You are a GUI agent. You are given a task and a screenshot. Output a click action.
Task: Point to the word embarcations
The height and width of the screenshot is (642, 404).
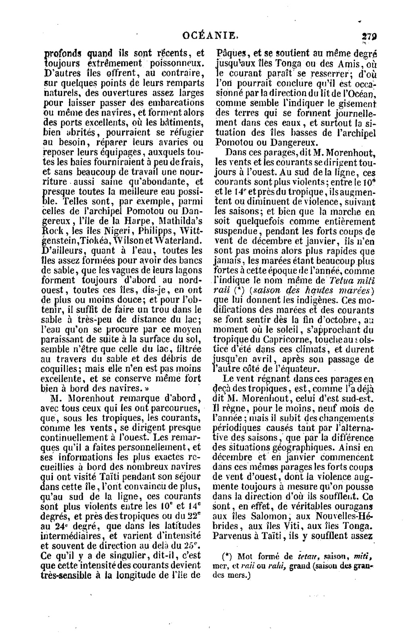(x=171, y=103)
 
